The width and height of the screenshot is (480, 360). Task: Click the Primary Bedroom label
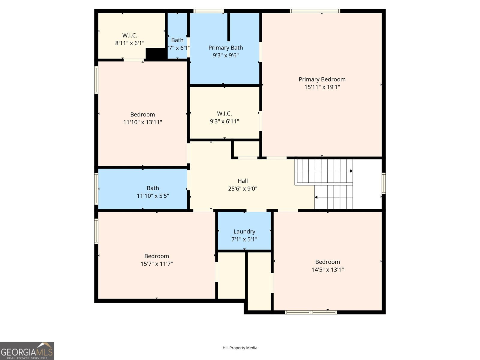tap(322, 79)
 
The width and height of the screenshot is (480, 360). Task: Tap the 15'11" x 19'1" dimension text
tap(322, 87)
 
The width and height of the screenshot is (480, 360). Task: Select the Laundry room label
tap(244, 232)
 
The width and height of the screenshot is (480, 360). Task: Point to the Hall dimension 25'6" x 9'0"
tap(242, 189)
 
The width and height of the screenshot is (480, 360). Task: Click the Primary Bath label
tap(226, 48)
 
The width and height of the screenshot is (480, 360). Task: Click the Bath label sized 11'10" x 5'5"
tap(153, 188)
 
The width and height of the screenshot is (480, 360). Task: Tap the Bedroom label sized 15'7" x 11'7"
tap(157, 256)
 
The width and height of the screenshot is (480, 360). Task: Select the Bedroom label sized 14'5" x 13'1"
tap(327, 262)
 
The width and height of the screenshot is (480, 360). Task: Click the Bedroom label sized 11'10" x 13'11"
tap(142, 115)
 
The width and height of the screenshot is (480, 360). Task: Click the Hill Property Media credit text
tap(240, 348)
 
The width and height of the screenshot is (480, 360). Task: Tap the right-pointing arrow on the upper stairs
tap(351, 171)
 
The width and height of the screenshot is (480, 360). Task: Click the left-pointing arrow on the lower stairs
tap(316, 197)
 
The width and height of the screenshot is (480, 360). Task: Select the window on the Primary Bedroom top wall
tap(315, 11)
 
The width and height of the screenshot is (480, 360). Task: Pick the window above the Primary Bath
tap(208, 11)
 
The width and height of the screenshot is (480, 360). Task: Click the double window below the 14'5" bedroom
tap(311, 312)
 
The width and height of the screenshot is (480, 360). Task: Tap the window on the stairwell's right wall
tap(383, 183)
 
